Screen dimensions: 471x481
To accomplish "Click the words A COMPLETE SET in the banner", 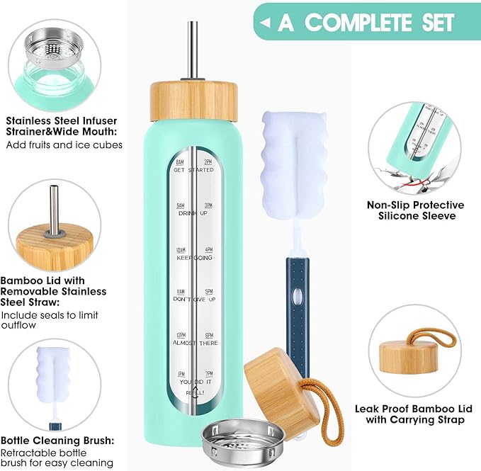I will (366, 22).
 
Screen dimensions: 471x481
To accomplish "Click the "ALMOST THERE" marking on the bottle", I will (196, 343).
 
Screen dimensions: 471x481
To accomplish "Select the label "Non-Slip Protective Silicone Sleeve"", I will (416, 210).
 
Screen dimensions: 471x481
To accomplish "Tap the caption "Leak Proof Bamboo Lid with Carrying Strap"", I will (409, 414).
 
